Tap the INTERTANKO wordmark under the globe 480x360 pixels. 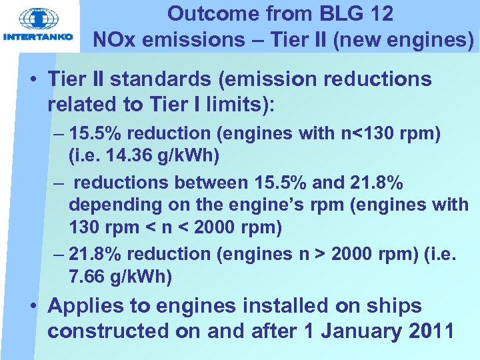tap(38, 37)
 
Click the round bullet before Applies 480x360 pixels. tap(32, 307)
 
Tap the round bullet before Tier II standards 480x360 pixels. tap(32, 80)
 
